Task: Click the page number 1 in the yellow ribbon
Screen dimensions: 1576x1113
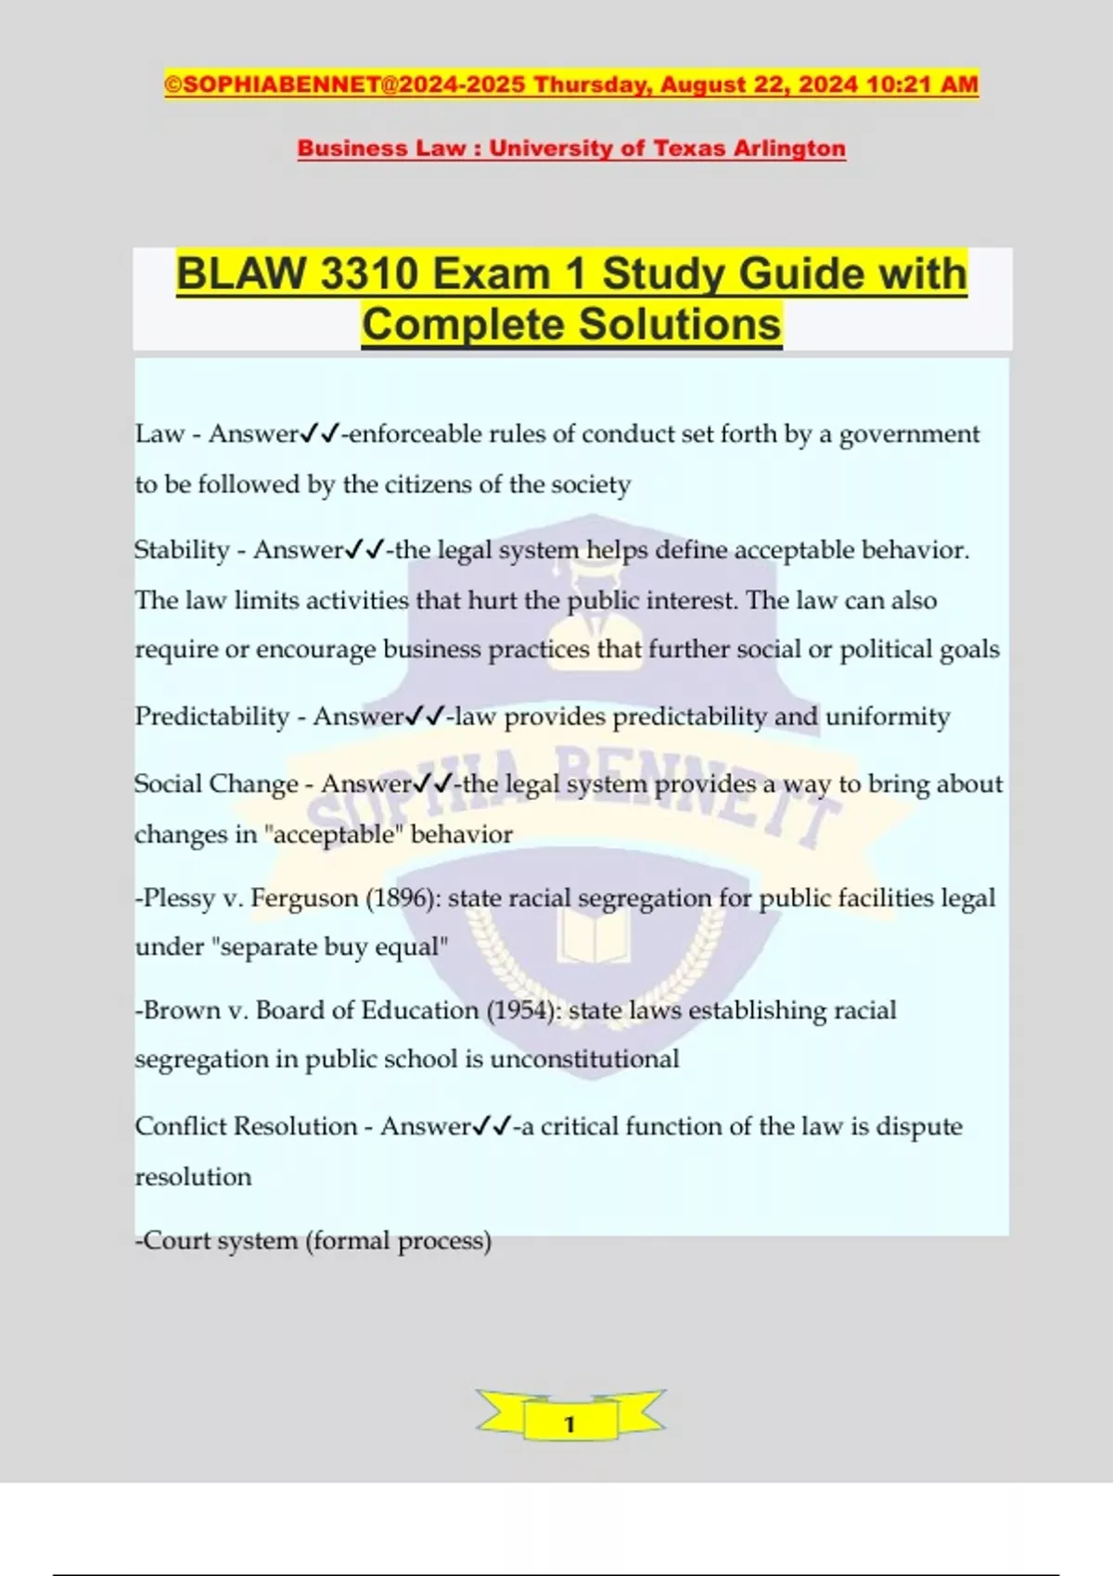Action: point(569,1424)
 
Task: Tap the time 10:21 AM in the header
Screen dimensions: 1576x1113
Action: point(922,84)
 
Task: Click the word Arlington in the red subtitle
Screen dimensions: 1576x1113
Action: point(789,148)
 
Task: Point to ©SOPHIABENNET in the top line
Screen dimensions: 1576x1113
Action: point(272,84)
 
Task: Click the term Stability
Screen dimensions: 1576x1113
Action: point(182,550)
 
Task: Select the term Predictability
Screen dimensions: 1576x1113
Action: point(212,717)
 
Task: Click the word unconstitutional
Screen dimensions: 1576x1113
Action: point(584,1060)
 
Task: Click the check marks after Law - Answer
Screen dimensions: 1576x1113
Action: point(320,434)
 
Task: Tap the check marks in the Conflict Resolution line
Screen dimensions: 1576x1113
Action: point(492,1126)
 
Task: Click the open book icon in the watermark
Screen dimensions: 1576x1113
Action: point(594,936)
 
